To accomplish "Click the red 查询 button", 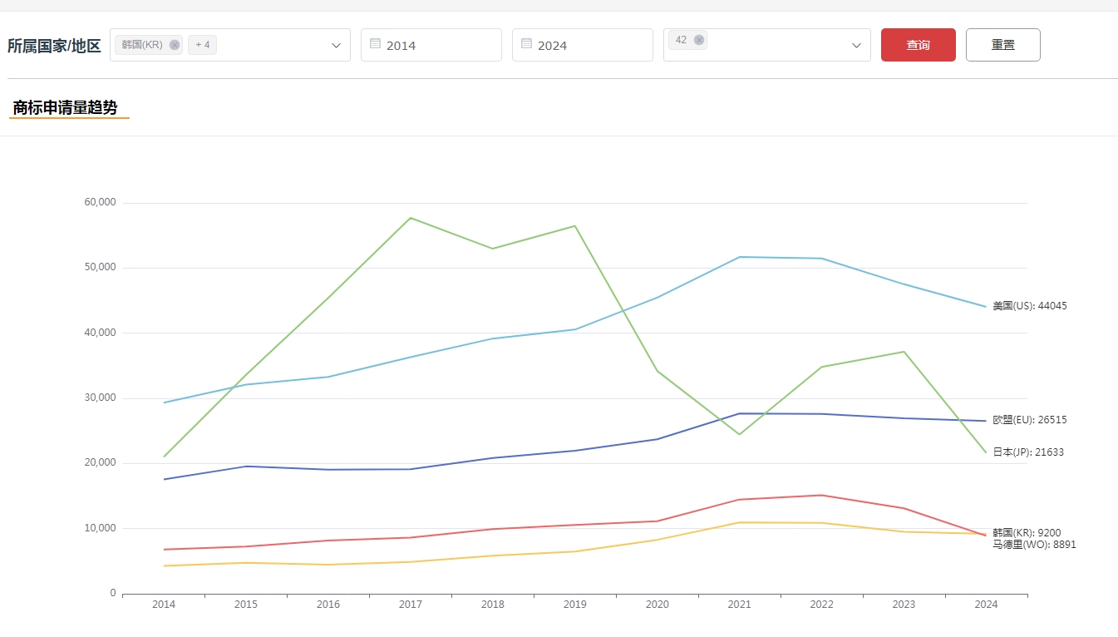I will [x=918, y=45].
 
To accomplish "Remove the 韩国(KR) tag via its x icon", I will [x=175, y=45].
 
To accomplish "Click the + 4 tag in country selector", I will [x=202, y=45].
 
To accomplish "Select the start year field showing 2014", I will [x=431, y=45].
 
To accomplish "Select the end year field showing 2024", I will [x=582, y=45].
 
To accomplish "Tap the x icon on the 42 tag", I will [x=699, y=40].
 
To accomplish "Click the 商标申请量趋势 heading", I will [x=66, y=107].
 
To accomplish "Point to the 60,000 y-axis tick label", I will [x=100, y=202].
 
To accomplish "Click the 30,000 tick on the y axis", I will [x=100, y=398].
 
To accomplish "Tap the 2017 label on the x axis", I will [x=410, y=605].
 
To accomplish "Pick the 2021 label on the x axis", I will [x=739, y=605].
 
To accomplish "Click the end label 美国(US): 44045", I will [x=1029, y=306].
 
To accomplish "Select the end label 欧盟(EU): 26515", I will [x=1029, y=420].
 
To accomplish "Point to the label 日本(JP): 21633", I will [x=1027, y=452].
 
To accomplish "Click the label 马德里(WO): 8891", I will [x=1033, y=545].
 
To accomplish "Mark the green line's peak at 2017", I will [x=411, y=218].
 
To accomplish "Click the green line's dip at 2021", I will [x=739, y=434].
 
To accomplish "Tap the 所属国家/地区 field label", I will [x=54, y=46].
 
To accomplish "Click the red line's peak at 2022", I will [x=821, y=495].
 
